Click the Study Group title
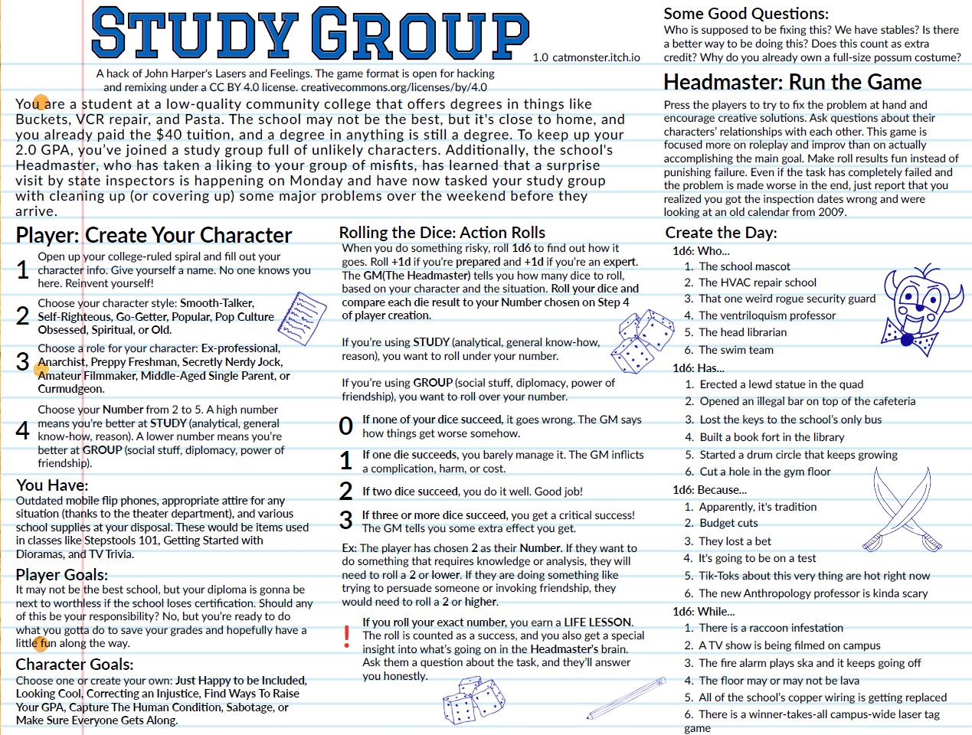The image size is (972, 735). click(x=309, y=34)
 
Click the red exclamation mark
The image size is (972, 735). click(x=347, y=636)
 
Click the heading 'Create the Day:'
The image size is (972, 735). click(x=721, y=233)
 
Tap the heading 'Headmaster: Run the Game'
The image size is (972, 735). click(x=792, y=83)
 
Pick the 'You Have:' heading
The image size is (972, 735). click(x=52, y=485)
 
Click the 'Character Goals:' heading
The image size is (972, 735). click(x=74, y=664)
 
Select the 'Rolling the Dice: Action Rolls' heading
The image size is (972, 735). click(x=442, y=233)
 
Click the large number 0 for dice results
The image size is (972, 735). click(x=346, y=426)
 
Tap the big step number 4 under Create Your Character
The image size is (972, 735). click(x=23, y=430)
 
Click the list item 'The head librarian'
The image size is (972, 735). click(x=742, y=332)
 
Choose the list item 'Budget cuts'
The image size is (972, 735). click(x=728, y=523)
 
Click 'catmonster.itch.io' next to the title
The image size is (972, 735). click(x=596, y=57)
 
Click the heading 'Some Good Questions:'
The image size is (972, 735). click(x=745, y=14)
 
